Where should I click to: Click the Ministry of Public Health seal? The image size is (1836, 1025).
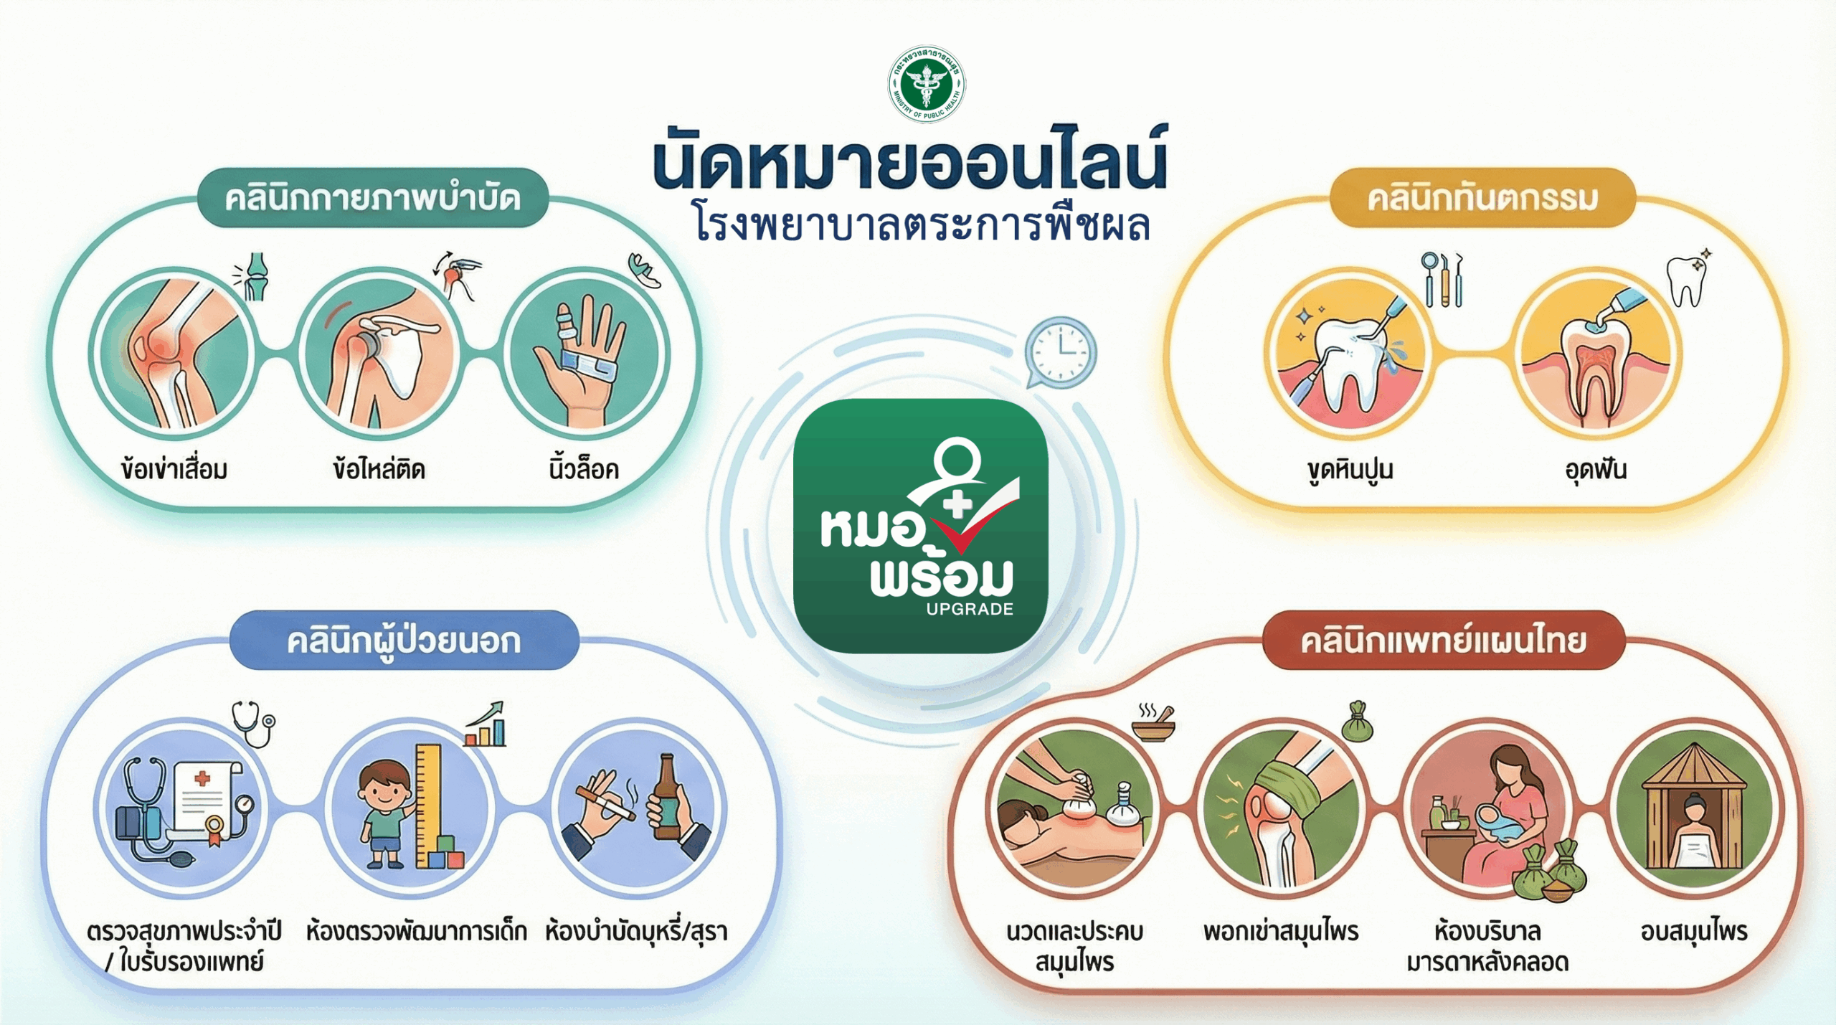point(927,84)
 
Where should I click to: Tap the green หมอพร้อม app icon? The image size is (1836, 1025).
point(921,526)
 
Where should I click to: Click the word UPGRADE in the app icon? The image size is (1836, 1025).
point(970,609)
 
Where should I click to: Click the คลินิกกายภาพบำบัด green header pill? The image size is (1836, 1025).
point(373,198)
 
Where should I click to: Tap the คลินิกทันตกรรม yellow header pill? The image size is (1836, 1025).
point(1482,198)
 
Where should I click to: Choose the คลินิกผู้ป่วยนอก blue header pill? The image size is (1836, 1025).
point(404,640)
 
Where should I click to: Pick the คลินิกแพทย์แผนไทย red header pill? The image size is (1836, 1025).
point(1444,640)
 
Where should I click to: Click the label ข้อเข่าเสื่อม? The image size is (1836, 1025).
point(174,469)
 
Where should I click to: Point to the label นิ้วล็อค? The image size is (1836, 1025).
point(584,469)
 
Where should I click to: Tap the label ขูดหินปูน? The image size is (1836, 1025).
point(1350,471)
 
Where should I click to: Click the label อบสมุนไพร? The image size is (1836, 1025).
point(1694,932)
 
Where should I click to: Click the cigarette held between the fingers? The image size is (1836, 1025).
point(606,805)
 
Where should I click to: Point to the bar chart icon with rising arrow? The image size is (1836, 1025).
point(485,724)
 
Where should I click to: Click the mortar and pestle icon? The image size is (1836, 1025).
point(1154,722)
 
